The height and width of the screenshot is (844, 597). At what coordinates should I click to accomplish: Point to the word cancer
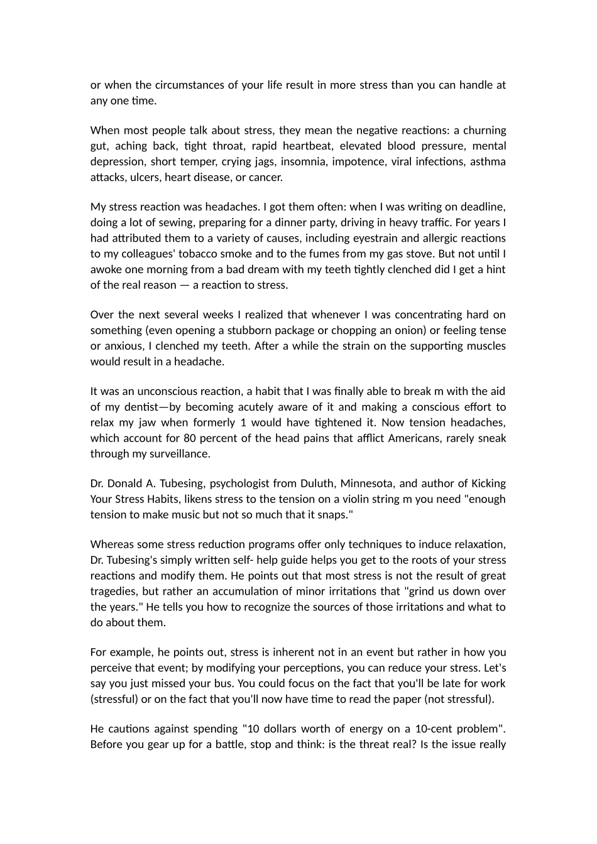(266, 178)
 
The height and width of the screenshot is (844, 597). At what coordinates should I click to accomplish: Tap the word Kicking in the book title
(488, 484)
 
